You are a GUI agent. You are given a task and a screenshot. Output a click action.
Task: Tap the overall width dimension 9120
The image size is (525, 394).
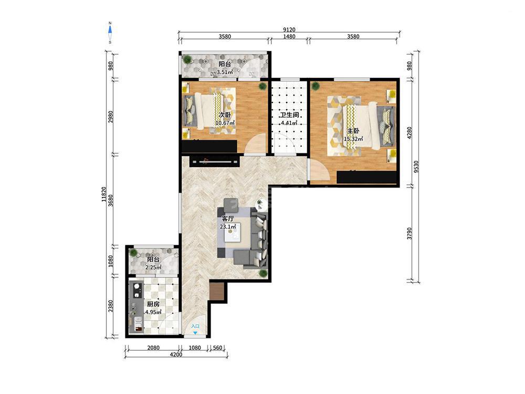[x=289, y=29]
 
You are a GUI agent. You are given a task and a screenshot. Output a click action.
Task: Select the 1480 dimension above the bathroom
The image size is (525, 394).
[x=289, y=37]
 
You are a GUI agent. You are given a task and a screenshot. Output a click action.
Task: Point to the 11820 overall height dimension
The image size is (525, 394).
[x=103, y=194]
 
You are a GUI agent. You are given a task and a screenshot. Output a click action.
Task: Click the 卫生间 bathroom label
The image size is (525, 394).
[x=289, y=115]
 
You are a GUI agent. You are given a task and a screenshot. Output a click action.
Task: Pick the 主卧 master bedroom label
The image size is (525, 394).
[x=353, y=131]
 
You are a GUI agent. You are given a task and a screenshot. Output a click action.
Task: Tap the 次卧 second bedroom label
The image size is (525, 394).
[x=225, y=115]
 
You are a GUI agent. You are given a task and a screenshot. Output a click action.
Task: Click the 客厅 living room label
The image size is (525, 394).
[x=228, y=219]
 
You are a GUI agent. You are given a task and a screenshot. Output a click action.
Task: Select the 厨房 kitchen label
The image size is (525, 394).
[x=153, y=304]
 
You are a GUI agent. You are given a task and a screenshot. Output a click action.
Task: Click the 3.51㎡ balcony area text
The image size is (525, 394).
[x=225, y=72]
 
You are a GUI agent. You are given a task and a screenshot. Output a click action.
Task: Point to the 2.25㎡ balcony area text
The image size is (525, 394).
[x=153, y=267]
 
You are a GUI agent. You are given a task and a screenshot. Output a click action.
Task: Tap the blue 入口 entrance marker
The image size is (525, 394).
[x=195, y=328]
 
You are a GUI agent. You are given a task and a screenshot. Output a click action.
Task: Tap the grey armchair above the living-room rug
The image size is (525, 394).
[x=230, y=205]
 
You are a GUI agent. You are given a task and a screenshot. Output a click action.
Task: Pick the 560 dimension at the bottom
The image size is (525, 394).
[x=217, y=348]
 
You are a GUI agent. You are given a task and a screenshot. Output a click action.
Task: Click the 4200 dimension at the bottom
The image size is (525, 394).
[x=176, y=355]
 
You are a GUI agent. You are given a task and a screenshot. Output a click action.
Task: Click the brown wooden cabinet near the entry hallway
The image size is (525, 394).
[x=217, y=292]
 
